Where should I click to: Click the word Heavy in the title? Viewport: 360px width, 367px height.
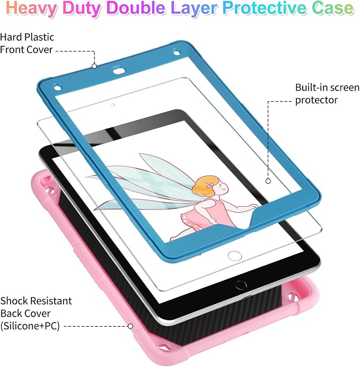pyautogui.click(x=32, y=8)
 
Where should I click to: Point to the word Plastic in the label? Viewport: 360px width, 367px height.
pyautogui.click(x=39, y=37)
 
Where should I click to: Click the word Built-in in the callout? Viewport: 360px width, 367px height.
pyautogui.click(x=310, y=88)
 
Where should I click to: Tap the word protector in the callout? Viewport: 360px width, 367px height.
pyautogui.click(x=316, y=100)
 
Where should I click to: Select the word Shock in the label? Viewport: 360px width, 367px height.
pyautogui.click(x=14, y=301)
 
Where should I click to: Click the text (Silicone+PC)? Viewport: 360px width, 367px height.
pyautogui.click(x=30, y=326)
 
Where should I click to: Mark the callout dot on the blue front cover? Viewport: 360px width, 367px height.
pyautogui.click(x=94, y=66)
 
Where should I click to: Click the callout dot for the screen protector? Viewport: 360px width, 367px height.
pyautogui.click(x=268, y=181)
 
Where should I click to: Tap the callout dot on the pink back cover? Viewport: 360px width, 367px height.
pyautogui.click(x=130, y=326)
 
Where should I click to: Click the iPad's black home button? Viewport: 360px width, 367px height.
pyautogui.click(x=241, y=285)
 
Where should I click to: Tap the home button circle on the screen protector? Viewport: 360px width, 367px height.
pyautogui.click(x=235, y=256)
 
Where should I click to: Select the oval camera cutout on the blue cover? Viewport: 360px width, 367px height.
pyautogui.click(x=119, y=71)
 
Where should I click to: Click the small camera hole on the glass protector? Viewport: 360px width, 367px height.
pyautogui.click(x=112, y=105)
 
